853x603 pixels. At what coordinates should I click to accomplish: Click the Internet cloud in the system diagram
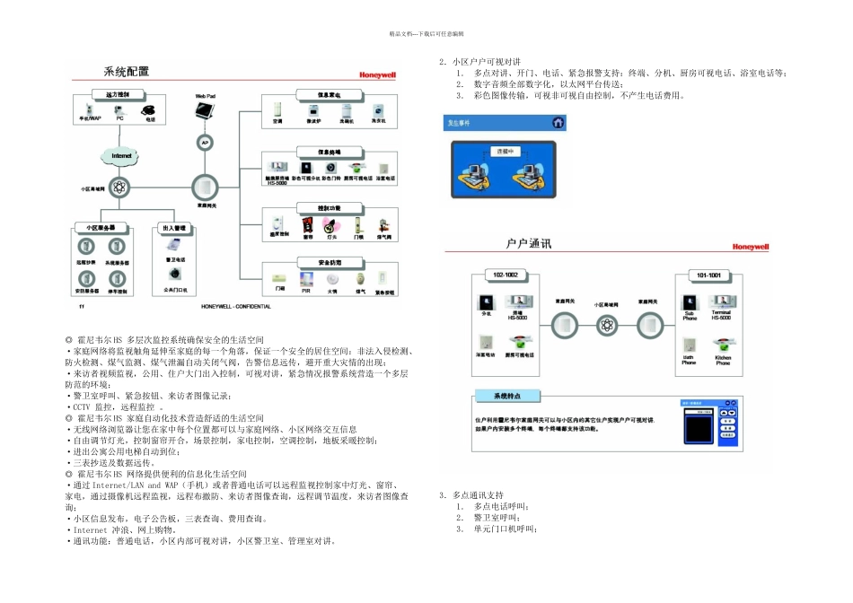pyautogui.click(x=120, y=156)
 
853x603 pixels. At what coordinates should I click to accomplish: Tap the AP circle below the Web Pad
pyautogui.click(x=204, y=142)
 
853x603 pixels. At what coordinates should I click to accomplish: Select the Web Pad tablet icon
pyautogui.click(x=206, y=110)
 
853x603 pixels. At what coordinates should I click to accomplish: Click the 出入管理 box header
pyautogui.click(x=174, y=229)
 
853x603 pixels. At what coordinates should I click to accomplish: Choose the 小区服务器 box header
pyautogui.click(x=95, y=229)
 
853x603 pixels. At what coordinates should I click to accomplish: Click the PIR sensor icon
pyautogui.click(x=305, y=279)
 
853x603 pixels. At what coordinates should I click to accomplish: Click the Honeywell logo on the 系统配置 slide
pyautogui.click(x=377, y=76)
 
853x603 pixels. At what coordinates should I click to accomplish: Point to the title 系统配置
pyautogui.click(x=127, y=72)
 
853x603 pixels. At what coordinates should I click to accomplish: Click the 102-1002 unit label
pyautogui.click(x=506, y=275)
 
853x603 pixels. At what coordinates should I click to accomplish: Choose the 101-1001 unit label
pyautogui.click(x=708, y=275)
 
